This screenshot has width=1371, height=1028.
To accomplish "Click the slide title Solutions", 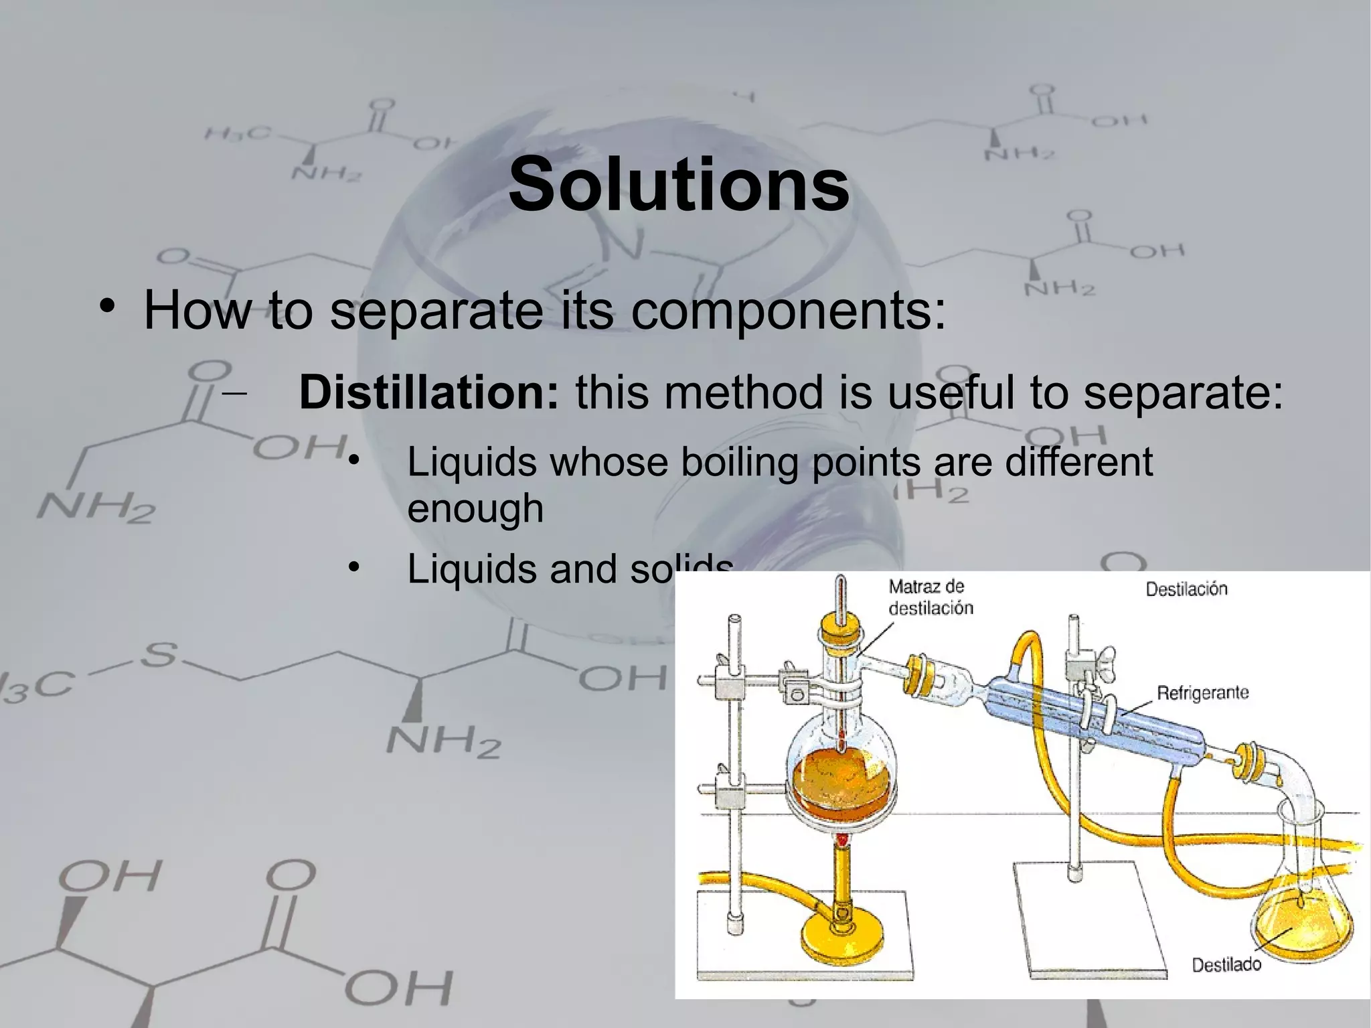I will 679,184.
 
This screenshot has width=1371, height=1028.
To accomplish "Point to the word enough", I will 475,509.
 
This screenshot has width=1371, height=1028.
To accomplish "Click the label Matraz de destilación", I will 930,597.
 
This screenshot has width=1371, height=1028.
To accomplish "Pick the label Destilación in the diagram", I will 1186,589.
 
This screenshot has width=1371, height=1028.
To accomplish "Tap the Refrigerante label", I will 1202,692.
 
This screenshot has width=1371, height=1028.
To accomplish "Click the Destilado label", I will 1226,964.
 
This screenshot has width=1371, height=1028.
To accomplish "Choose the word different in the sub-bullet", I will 1078,462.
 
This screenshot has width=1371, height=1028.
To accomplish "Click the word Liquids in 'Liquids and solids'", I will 472,569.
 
